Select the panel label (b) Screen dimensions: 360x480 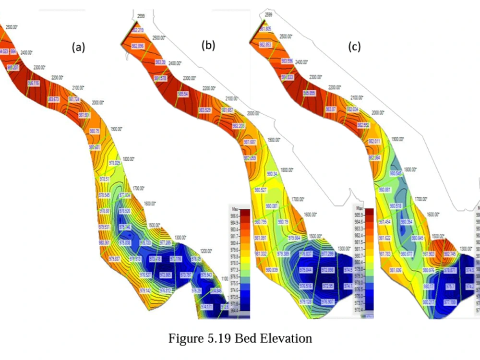[208, 46]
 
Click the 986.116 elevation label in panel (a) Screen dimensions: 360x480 [34, 83]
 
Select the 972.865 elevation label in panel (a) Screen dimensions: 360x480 [165, 275]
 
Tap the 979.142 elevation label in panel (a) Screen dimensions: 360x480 [146, 290]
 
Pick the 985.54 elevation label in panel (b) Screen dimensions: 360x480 [183, 94]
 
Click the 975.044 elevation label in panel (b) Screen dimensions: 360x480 [306, 270]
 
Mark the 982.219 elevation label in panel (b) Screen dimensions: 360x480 [138, 30]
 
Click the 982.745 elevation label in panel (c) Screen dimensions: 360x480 [450, 253]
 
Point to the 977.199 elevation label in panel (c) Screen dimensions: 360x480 [450, 302]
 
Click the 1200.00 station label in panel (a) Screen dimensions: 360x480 [206, 251]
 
